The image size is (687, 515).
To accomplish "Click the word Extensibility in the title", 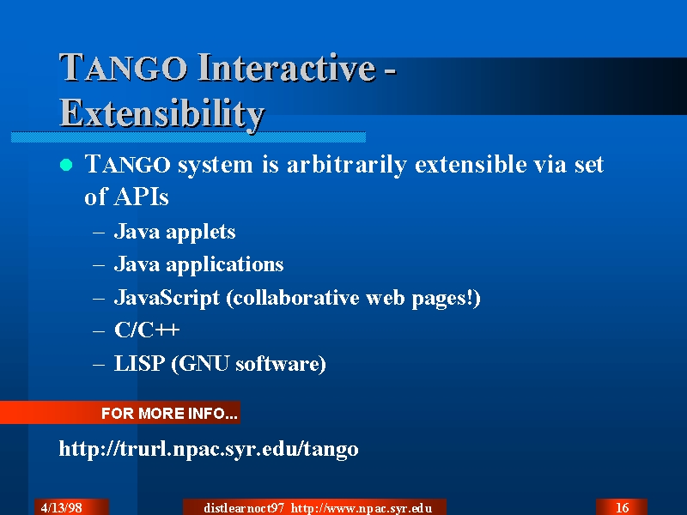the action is (x=161, y=113).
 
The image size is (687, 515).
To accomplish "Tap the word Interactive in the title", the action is (x=287, y=68).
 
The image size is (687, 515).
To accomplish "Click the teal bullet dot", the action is (x=66, y=165).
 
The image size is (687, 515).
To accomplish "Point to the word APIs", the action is (x=141, y=197).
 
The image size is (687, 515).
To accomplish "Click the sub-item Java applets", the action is (x=174, y=232).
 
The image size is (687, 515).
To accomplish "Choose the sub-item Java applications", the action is (x=198, y=265).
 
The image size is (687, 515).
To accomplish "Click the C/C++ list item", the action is (x=147, y=330).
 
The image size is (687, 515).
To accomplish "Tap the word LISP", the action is (x=139, y=363).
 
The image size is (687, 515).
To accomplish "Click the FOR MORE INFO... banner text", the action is (x=169, y=414).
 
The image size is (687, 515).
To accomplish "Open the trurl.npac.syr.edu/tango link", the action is (x=209, y=449).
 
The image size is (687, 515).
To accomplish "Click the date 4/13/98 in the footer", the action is (x=61, y=508).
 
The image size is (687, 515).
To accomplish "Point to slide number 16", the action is (x=622, y=508).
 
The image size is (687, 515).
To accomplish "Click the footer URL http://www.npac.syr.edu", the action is (x=362, y=508).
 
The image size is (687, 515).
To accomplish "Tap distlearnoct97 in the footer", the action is (x=244, y=508).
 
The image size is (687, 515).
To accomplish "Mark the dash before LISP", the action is (x=99, y=364).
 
